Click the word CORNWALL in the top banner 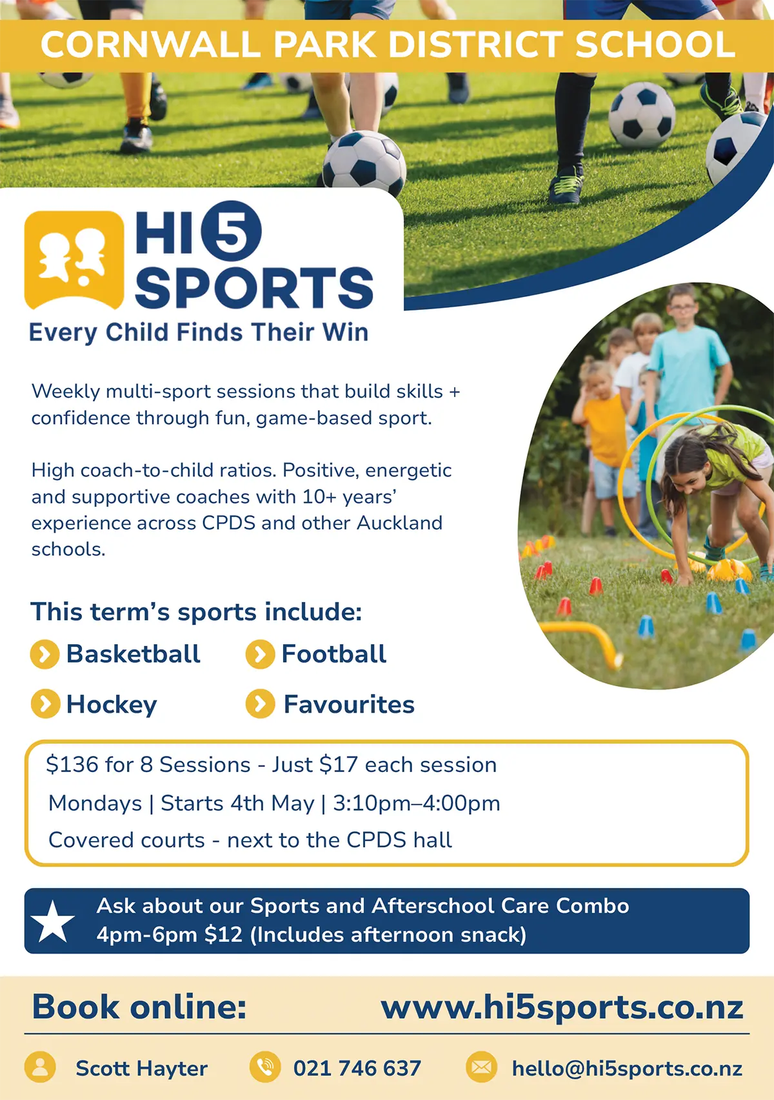click(x=150, y=45)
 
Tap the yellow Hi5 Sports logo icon click(x=74, y=260)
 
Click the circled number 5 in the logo click(x=231, y=231)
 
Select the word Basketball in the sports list click(x=133, y=654)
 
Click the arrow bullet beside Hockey click(x=45, y=704)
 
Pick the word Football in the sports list click(x=333, y=654)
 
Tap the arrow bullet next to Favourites click(x=260, y=704)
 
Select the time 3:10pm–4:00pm click(x=417, y=803)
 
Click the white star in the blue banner click(x=52, y=922)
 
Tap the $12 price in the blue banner click(x=223, y=934)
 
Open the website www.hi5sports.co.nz click(x=562, y=1007)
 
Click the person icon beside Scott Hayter click(x=40, y=1068)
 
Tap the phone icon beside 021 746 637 click(x=265, y=1068)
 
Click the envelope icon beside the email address click(x=481, y=1068)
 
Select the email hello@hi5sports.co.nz click(x=627, y=1068)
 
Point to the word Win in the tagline click(x=345, y=332)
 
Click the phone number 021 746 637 click(x=357, y=1068)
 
